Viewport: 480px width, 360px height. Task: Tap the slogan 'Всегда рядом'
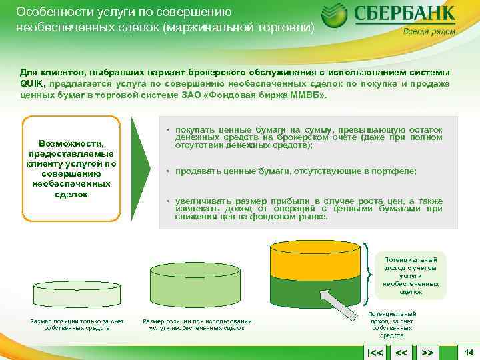pyautogui.click(x=429, y=31)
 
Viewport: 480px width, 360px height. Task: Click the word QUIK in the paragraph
pyautogui.click(x=32, y=83)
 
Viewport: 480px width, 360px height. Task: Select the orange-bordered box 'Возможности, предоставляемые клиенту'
pyautogui.click(x=72, y=169)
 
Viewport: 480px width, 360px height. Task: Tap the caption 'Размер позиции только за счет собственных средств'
pyautogui.click(x=77, y=325)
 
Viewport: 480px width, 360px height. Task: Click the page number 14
pyautogui.click(x=468, y=351)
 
